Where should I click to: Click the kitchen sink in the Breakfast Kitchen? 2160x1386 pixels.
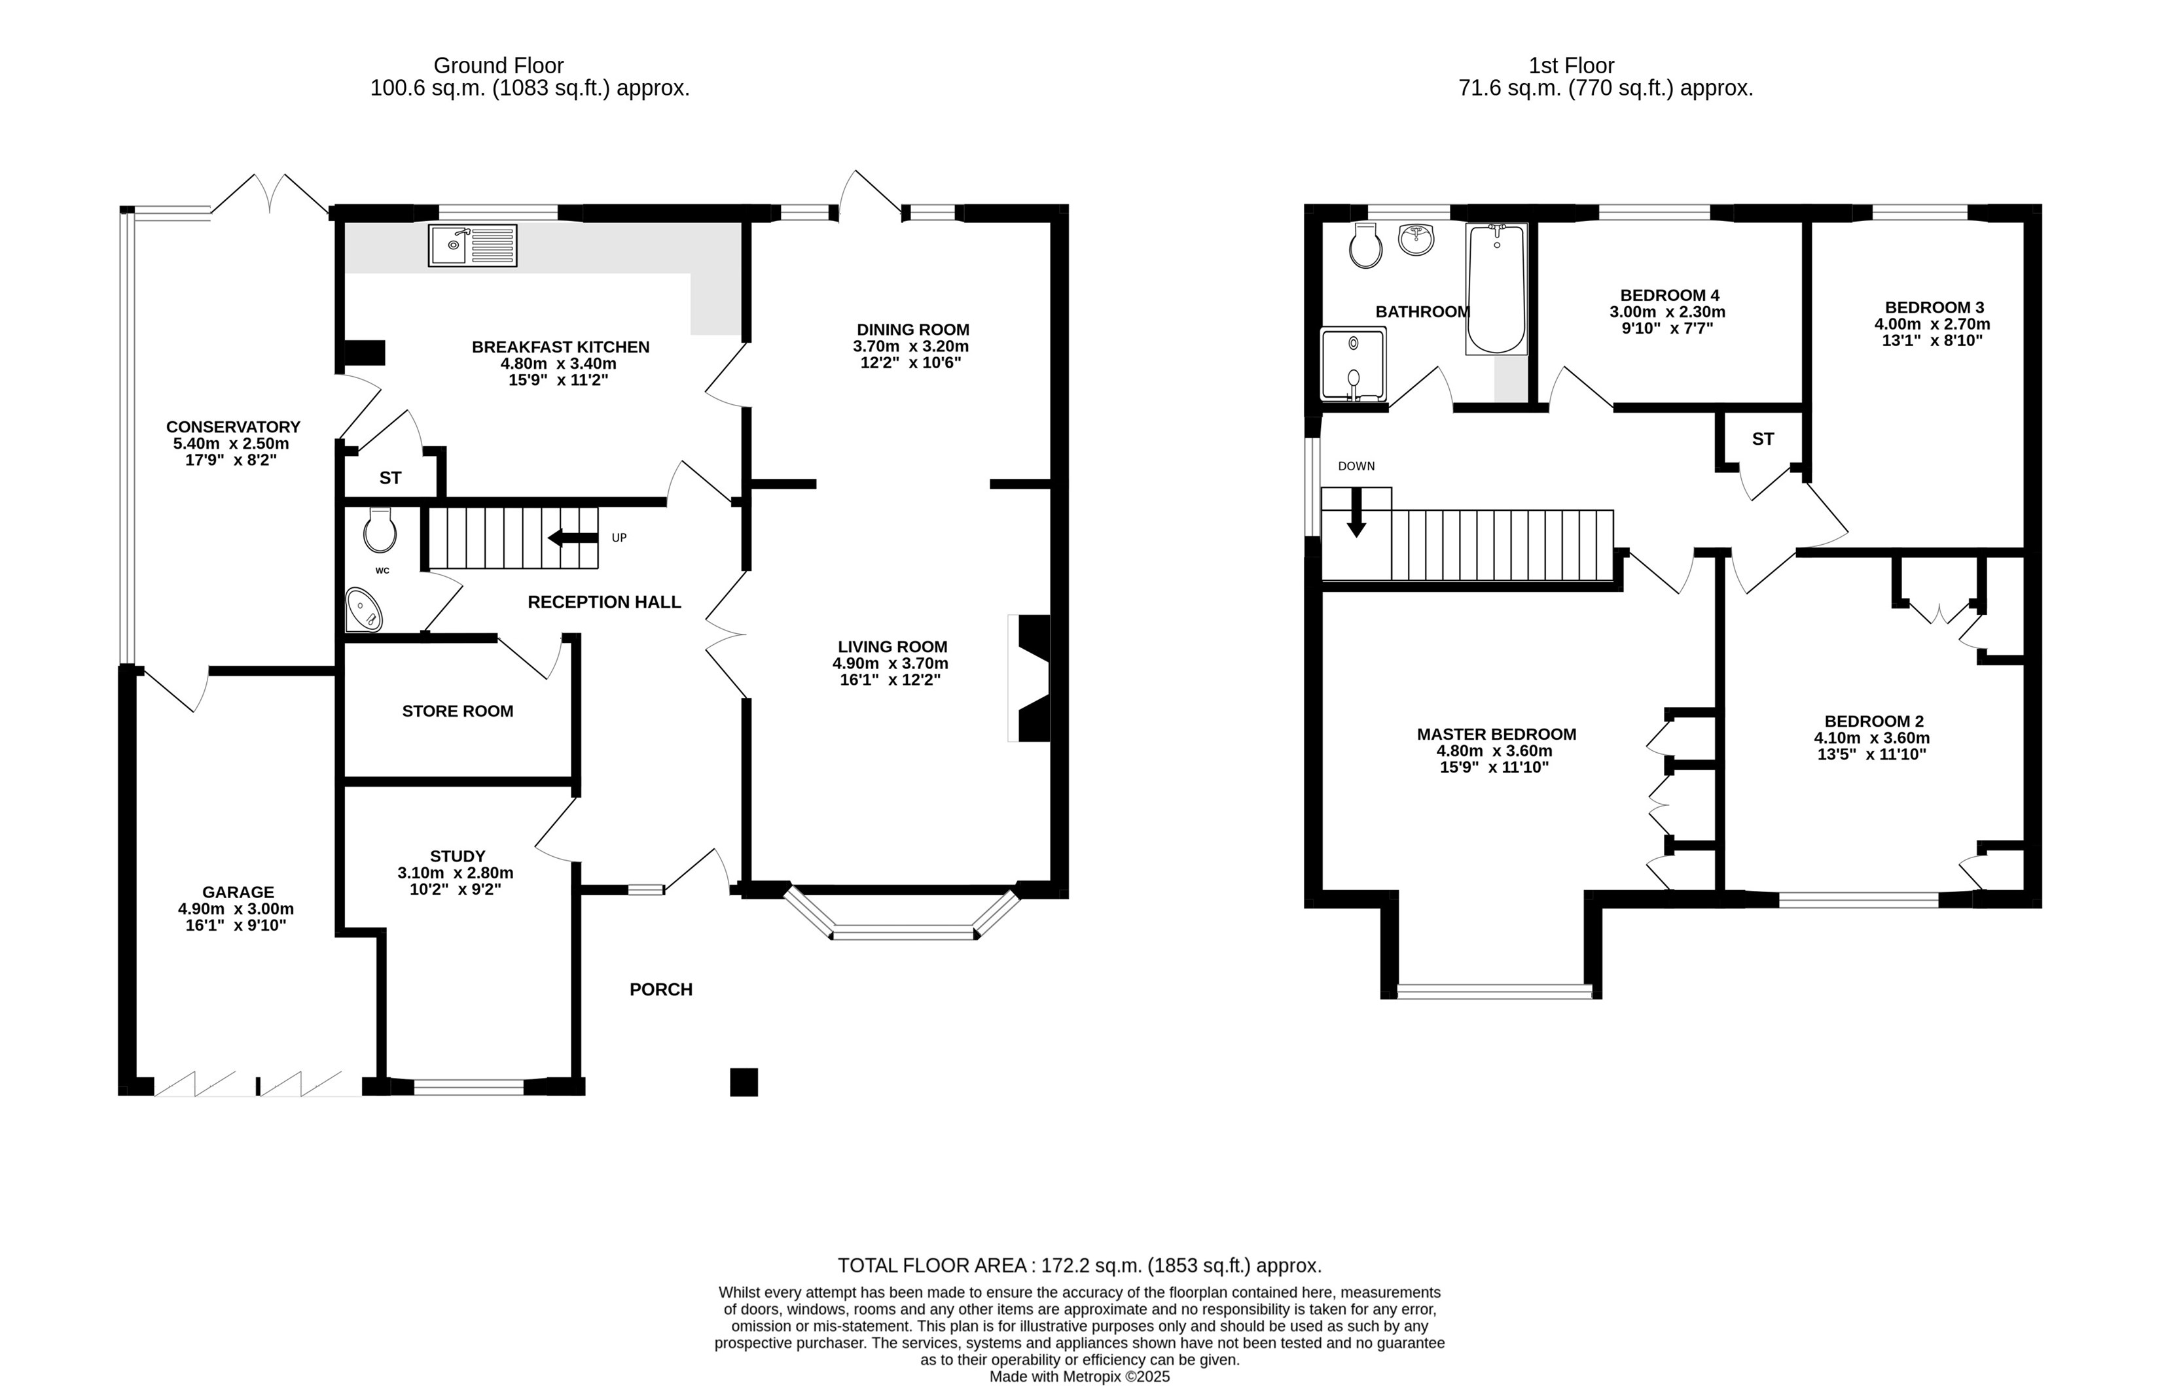473,246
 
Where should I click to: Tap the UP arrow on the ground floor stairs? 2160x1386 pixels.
573,538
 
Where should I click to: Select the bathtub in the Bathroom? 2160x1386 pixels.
1496,289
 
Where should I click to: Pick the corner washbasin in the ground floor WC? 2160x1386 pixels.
364,611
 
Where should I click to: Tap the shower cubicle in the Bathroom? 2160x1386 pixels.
1353,364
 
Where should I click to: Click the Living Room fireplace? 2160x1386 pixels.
1030,678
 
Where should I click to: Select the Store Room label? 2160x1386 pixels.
458,711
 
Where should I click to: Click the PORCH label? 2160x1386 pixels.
661,989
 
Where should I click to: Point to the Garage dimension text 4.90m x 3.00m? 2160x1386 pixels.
236,909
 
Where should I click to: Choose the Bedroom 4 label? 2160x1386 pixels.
1669,295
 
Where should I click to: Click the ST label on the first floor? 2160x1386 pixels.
1763,439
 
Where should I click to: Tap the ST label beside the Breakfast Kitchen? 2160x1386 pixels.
390,478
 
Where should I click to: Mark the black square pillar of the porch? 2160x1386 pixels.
744,1082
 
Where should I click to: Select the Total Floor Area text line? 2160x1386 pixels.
1079,1266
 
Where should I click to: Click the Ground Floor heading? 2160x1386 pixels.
498,65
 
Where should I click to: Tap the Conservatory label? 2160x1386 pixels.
233,426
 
